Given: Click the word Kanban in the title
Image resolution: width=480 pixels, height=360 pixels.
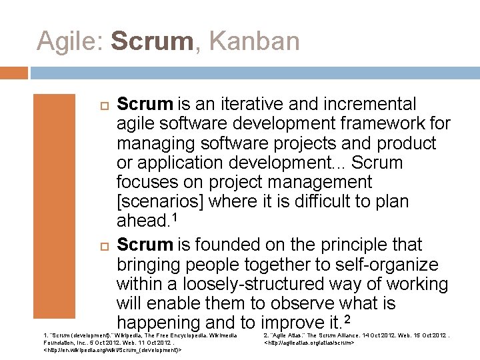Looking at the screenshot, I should pyautogui.click(x=254, y=41).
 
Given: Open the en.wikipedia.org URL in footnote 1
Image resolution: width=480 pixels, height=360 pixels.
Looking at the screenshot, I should pyautogui.click(x=113, y=349).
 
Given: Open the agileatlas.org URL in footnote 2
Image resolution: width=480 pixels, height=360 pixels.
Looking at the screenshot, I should pyautogui.click(x=308, y=342).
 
